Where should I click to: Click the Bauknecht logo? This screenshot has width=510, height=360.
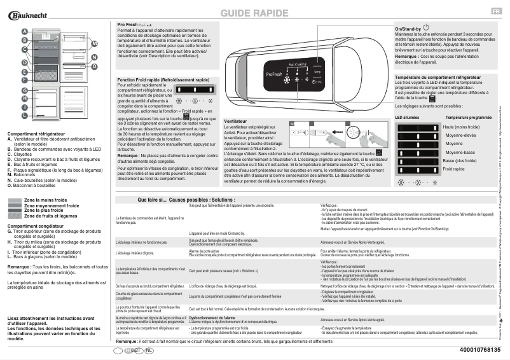(x=32, y=13)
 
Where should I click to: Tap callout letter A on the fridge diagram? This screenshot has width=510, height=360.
(x=24, y=31)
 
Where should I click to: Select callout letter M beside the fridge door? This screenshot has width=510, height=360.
(x=94, y=43)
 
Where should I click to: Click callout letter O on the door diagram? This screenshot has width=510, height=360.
(x=94, y=66)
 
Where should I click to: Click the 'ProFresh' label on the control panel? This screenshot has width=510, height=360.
(x=272, y=77)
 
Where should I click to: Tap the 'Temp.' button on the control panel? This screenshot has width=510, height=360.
(x=318, y=73)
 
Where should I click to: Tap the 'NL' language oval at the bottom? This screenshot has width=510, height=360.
(x=149, y=350)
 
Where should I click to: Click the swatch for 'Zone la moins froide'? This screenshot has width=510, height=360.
(x=15, y=200)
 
